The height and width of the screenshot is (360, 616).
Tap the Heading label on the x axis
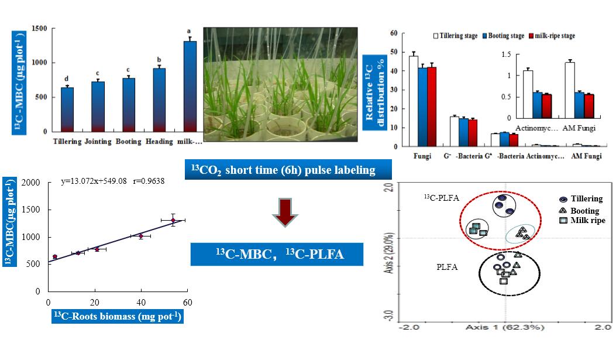point(155,142)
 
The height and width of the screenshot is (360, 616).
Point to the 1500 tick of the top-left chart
point(40,29)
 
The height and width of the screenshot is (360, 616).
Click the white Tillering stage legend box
point(435,36)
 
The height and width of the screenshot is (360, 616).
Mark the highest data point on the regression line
point(173,220)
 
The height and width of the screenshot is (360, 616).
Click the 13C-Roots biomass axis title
point(117,317)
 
